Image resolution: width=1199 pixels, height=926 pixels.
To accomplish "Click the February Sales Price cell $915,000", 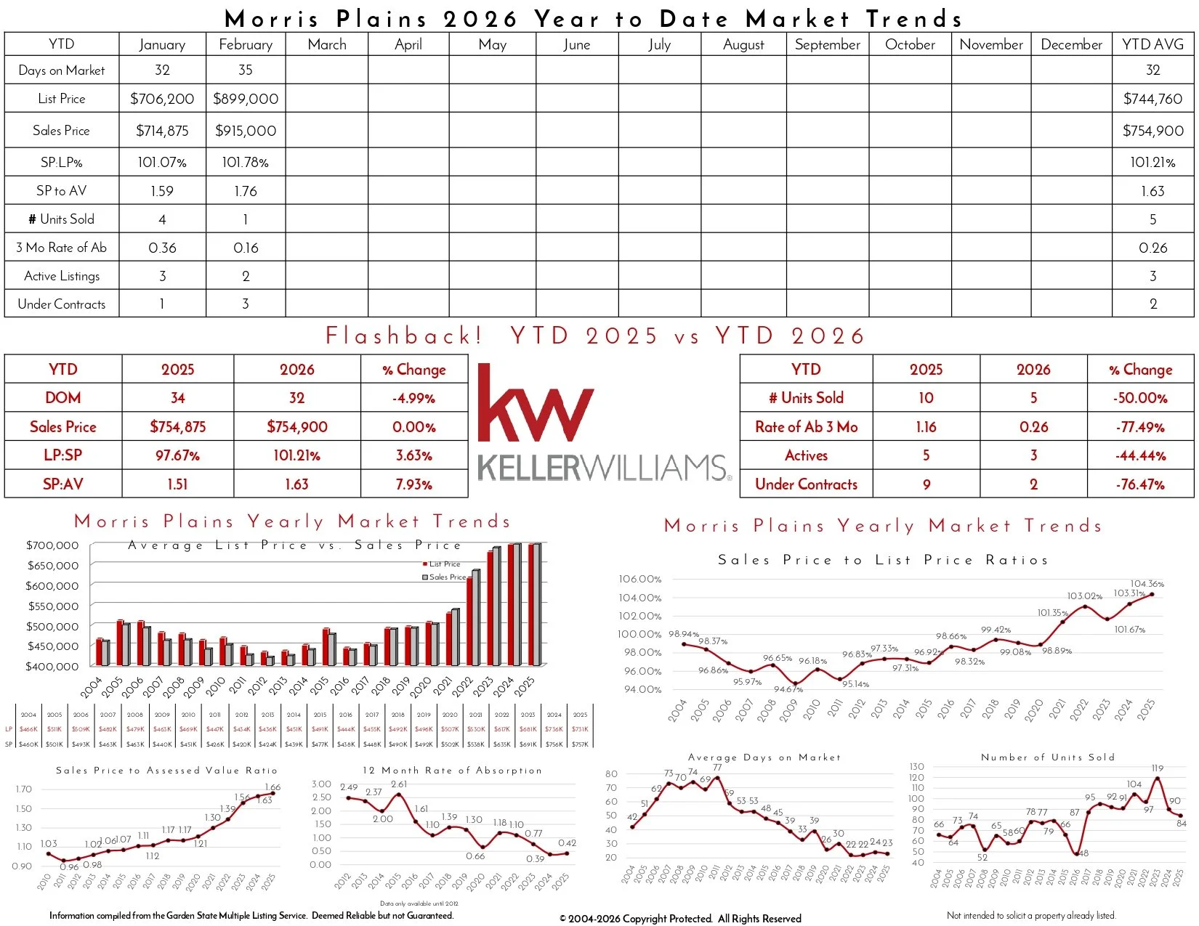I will (x=246, y=131).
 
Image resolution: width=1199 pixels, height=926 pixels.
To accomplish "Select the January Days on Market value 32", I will (x=162, y=70).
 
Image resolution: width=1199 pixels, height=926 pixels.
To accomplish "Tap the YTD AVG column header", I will (x=1152, y=44).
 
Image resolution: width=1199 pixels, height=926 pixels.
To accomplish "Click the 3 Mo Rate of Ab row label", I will (x=62, y=248).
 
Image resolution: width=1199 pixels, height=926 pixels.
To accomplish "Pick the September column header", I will (x=827, y=44).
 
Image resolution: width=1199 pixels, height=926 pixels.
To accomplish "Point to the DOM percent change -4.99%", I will (x=413, y=398).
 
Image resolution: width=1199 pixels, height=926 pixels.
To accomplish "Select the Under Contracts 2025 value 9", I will (x=926, y=484).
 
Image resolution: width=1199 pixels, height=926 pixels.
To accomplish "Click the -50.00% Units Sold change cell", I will (x=1140, y=398).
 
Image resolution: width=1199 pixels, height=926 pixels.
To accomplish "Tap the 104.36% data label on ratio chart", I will (x=1147, y=583).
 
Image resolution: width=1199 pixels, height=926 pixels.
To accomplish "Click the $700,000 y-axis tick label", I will (x=52, y=545).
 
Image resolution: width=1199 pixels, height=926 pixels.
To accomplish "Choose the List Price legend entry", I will (x=441, y=564).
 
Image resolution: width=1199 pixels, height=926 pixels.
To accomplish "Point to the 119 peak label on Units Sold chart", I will (x=1158, y=768).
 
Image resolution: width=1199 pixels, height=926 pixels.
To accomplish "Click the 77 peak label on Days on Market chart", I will (x=717, y=767).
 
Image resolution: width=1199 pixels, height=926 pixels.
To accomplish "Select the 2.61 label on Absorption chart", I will (x=399, y=784).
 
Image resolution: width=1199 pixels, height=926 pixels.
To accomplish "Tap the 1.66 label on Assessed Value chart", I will (x=272, y=787).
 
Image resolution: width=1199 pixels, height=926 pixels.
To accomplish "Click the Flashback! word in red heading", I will (x=404, y=336).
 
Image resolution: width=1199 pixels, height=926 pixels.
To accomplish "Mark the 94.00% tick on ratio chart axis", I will (x=642, y=689).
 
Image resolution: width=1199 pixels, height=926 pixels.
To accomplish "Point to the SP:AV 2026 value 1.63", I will (x=296, y=484).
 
